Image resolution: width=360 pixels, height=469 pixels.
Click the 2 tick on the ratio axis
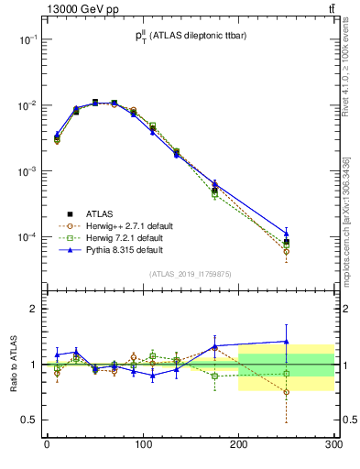pos(33,309)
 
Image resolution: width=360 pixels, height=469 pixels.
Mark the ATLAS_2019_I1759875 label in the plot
pos(191,273)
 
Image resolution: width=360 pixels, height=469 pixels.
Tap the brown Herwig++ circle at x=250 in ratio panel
pos(286,392)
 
